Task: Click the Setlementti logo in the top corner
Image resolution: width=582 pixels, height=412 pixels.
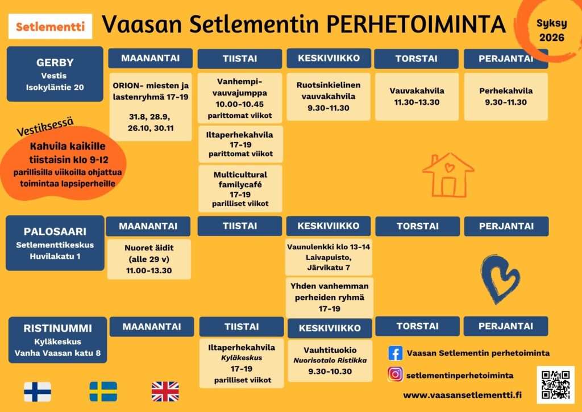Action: (50, 26)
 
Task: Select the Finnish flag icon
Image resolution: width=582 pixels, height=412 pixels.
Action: (38, 392)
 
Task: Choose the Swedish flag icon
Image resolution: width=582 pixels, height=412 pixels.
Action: (103, 392)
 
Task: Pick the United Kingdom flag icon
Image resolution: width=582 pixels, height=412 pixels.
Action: (165, 392)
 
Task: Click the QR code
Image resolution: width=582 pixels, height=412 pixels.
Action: (555, 385)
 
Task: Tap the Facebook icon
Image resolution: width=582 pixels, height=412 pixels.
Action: (396, 353)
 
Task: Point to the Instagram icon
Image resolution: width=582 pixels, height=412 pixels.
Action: (396, 374)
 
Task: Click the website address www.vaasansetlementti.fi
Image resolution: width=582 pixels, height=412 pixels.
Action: (462, 395)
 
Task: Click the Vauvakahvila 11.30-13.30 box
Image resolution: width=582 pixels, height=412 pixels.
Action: (417, 97)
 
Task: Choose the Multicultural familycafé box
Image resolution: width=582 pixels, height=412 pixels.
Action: (240, 189)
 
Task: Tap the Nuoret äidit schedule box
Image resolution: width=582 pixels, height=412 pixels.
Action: (149, 259)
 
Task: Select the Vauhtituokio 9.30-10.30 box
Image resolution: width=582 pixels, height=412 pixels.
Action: (330, 361)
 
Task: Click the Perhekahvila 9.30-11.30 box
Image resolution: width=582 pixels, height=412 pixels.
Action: (506, 97)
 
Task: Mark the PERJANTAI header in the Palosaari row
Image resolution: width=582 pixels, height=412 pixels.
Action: (506, 226)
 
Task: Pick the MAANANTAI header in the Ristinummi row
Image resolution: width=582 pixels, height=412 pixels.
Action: (152, 327)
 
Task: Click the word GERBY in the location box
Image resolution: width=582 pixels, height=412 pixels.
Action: (55, 63)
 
